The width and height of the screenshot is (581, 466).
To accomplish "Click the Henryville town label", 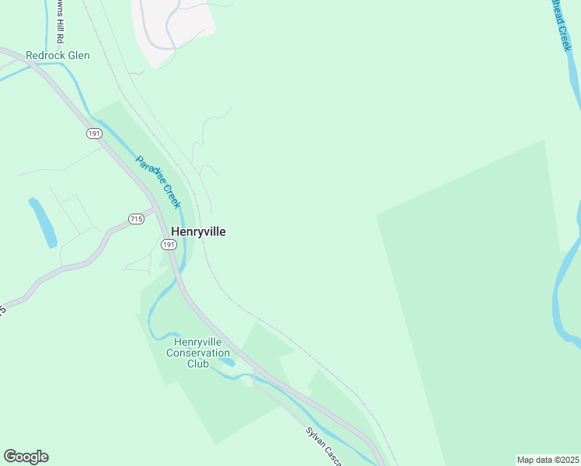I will click(198, 231).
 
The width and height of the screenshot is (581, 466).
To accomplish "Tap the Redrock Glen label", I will click(57, 55).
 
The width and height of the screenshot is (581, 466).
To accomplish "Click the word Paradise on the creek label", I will click(150, 173).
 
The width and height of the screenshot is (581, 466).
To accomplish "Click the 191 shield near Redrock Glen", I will click(94, 134).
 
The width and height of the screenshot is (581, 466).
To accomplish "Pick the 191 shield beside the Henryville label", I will click(169, 245).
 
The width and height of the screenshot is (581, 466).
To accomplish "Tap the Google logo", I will click(26, 457).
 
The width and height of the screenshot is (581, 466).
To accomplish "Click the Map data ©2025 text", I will click(548, 460).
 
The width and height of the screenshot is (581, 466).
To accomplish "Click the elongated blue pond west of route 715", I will click(43, 223).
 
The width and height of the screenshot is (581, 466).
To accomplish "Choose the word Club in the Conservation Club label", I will click(197, 363).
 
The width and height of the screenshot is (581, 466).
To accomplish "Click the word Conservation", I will click(198, 353).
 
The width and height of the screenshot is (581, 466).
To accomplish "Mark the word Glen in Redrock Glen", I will click(78, 55).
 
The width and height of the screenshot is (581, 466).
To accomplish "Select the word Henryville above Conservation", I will click(198, 342).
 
